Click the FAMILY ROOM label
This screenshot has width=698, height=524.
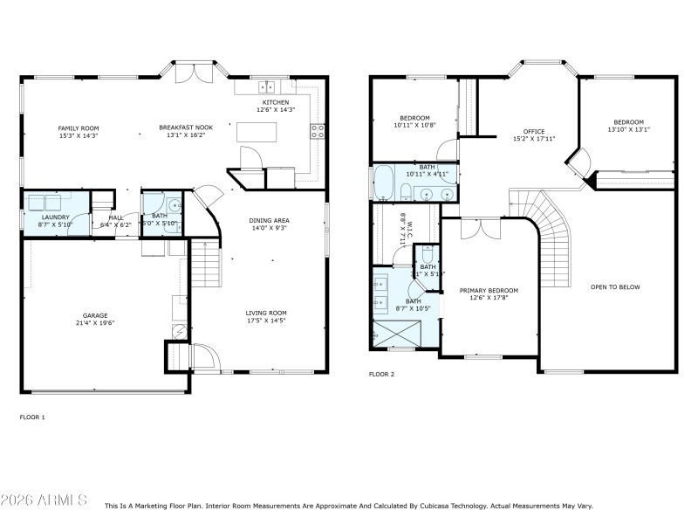[x=78, y=128]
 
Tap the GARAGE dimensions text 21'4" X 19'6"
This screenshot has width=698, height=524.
[x=95, y=322]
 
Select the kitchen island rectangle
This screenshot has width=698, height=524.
[x=256, y=132]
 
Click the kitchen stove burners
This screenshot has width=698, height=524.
[x=318, y=132]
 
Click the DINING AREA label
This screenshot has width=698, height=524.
[x=269, y=220]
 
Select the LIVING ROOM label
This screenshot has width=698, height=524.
[x=266, y=313]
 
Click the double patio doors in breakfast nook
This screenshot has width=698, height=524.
[x=193, y=72]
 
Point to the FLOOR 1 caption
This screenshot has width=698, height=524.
[x=32, y=417]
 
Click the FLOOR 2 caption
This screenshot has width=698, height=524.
[x=381, y=374]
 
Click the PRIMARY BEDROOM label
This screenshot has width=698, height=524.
[x=489, y=290]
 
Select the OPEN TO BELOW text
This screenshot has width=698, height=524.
[x=615, y=286]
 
